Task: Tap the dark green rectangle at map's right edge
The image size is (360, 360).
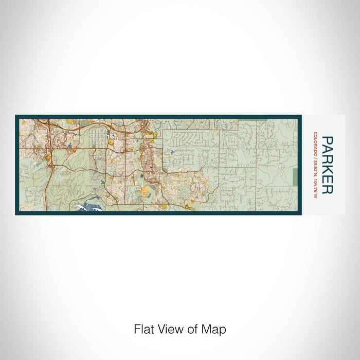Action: pyautogui.click(x=295, y=178)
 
